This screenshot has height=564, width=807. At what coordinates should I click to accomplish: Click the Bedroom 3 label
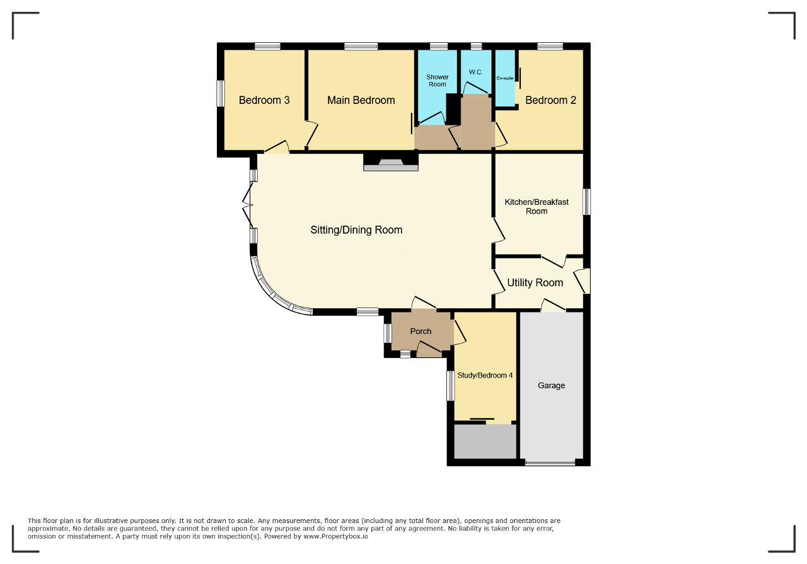click(264, 100)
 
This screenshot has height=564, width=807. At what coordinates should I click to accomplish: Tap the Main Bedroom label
click(361, 100)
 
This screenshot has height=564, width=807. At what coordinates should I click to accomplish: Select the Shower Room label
click(438, 81)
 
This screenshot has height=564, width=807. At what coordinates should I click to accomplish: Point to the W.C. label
click(475, 72)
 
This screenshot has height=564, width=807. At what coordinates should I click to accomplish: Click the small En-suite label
click(505, 78)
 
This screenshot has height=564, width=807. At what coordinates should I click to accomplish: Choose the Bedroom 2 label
click(550, 100)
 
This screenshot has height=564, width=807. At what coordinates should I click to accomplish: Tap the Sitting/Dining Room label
click(356, 230)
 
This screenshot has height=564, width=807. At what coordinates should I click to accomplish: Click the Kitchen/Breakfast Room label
click(537, 206)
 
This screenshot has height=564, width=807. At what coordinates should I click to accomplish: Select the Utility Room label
click(535, 283)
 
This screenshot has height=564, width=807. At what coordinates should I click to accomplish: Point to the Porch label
click(421, 331)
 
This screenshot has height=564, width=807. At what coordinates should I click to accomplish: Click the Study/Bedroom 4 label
click(485, 376)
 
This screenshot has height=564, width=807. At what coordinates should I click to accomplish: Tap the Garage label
click(551, 386)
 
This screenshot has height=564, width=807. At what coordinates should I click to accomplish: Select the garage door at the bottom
click(550, 463)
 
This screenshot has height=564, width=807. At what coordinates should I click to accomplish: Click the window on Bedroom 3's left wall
click(220, 93)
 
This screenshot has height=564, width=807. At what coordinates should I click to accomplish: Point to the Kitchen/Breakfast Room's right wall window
click(587, 202)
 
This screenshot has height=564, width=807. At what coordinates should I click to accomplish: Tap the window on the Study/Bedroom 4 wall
click(450, 386)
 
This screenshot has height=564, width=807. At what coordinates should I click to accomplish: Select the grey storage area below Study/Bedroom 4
click(485, 442)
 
